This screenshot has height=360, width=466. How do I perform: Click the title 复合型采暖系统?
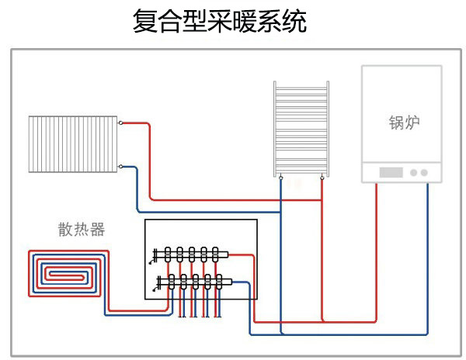221,21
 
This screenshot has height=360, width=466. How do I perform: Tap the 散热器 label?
81,230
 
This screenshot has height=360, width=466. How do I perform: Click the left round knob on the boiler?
414,172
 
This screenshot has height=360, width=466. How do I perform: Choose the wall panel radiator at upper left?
73,144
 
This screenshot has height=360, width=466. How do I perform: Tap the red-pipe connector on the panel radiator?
120,123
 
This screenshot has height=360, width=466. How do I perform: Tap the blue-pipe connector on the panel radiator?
120,165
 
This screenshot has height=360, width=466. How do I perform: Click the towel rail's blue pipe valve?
282,178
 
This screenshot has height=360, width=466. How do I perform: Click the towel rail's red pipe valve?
322,178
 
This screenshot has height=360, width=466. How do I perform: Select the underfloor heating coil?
64,273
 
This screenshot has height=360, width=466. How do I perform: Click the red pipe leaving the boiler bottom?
376,233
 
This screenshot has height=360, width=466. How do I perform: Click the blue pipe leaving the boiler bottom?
427,233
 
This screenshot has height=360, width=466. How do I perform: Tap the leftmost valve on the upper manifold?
168,253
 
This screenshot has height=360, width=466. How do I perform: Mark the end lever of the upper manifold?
155,253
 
